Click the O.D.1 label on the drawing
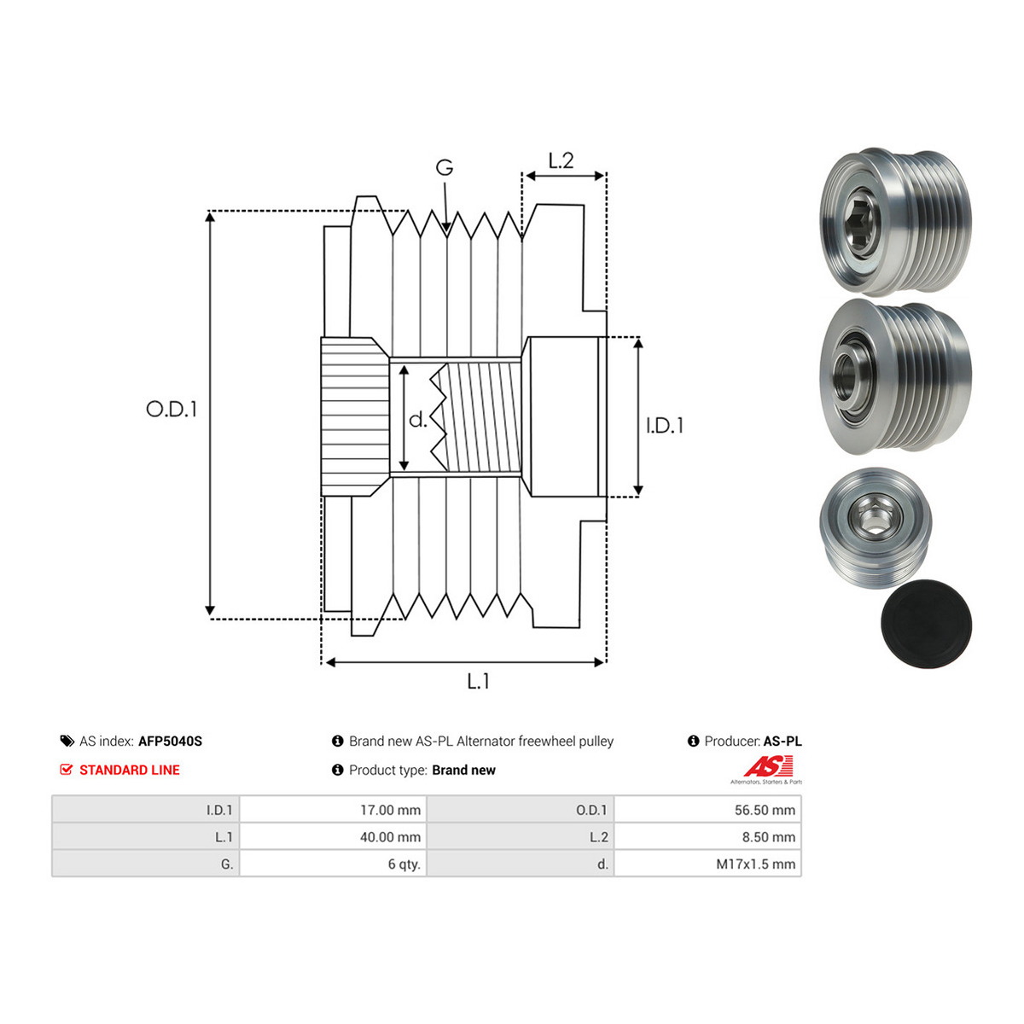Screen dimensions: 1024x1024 [172, 410]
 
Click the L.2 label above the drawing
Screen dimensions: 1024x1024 [561, 160]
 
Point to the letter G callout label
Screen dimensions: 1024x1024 [445, 168]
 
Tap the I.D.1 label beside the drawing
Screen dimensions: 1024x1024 [664, 426]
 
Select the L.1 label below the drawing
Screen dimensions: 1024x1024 [478, 681]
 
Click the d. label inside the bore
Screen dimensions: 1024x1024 [417, 420]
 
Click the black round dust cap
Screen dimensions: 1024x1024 [926, 623]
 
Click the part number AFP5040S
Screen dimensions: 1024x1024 [170, 741]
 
